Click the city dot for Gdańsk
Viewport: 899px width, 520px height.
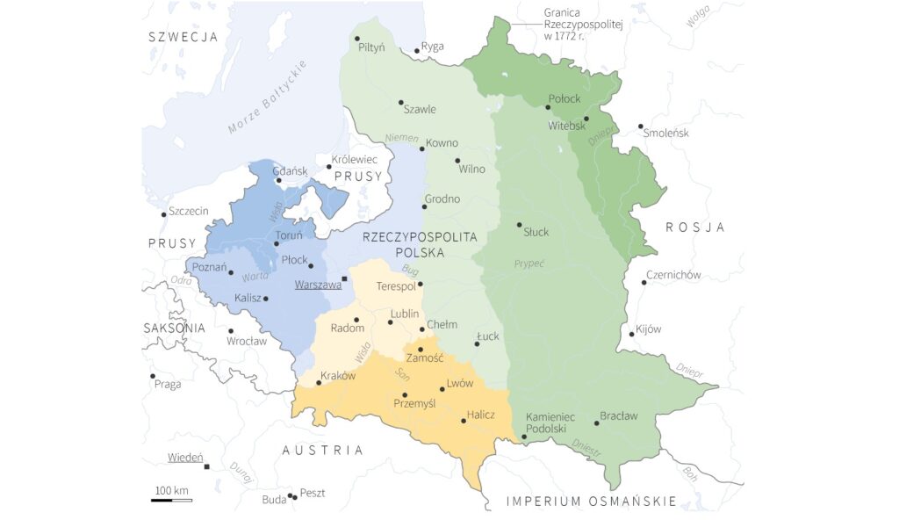[x=278, y=181]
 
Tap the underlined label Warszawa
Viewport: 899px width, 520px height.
[x=318, y=285]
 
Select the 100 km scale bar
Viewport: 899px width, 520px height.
[x=171, y=500]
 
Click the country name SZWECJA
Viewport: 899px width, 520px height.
[x=183, y=37]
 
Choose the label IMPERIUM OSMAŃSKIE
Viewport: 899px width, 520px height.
[x=592, y=502]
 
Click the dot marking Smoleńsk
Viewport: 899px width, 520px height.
[x=641, y=126]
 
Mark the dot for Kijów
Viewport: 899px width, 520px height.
[x=631, y=334]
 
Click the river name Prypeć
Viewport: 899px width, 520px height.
[x=529, y=263]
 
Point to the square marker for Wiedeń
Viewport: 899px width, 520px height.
[x=206, y=466]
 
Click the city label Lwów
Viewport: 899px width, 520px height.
[x=460, y=383]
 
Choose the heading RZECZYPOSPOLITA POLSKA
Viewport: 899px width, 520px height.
[x=420, y=244]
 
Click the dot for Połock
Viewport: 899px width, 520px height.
[x=548, y=107]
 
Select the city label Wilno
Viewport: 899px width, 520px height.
[x=471, y=169]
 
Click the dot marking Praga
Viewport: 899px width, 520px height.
[x=153, y=376]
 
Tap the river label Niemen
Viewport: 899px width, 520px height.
[x=401, y=138]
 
